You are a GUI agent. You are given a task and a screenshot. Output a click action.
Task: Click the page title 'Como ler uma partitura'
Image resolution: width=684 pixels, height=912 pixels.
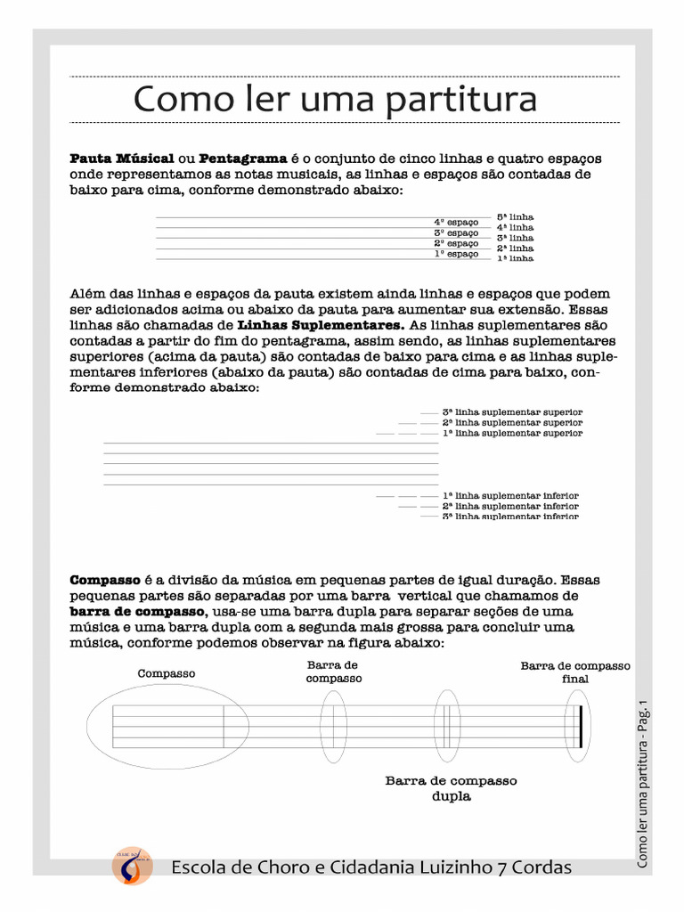tap(335, 99)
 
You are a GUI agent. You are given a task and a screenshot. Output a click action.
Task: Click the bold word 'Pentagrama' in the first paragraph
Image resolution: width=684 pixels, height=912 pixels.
tap(242, 158)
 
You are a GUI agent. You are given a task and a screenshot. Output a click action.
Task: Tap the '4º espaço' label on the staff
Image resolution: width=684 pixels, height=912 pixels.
tap(456, 222)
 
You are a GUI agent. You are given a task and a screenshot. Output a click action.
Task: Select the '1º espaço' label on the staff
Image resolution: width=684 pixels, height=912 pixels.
tap(456, 254)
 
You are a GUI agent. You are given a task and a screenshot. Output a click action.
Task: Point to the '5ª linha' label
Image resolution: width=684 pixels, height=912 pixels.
tap(515, 216)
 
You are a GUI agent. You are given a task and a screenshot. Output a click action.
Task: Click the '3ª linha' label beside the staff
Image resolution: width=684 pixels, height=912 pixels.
tap(515, 238)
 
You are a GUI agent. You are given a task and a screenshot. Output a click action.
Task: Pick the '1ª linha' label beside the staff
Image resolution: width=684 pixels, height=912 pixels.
tap(515, 258)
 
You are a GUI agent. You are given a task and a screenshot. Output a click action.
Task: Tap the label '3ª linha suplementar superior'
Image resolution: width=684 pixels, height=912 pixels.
tap(512, 412)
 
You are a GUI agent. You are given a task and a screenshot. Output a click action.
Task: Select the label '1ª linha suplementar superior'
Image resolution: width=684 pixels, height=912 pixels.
tap(512, 433)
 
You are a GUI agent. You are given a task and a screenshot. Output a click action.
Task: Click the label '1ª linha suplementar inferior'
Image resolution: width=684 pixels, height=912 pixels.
tap(510, 495)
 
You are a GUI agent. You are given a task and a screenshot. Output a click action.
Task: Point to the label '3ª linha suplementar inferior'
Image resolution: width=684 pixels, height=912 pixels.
tap(510, 517)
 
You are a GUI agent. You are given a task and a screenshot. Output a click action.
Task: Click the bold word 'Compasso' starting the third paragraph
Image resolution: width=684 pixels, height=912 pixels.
tap(105, 580)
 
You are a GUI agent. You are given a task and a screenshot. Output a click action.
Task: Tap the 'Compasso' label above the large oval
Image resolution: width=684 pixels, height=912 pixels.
tap(166, 673)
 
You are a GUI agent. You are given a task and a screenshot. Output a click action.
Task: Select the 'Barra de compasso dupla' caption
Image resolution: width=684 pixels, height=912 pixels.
tap(451, 788)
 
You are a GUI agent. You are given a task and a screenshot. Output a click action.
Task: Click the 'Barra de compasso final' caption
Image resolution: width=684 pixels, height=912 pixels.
tap(575, 672)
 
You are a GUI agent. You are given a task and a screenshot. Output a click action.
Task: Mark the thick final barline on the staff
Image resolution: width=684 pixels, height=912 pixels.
tap(580, 726)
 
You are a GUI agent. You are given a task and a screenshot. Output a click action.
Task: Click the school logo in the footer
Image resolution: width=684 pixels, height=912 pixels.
tap(131, 866)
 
